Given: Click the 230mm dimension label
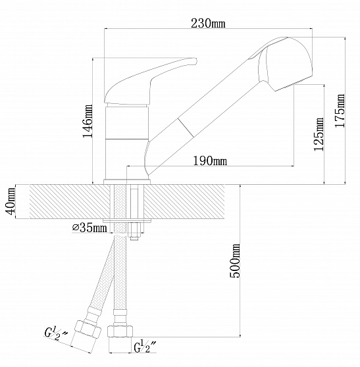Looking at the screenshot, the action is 208,23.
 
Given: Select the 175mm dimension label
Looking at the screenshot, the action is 340,110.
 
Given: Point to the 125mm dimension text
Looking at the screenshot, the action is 319,134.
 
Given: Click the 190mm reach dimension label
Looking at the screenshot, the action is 210,160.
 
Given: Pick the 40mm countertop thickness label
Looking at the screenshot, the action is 11,201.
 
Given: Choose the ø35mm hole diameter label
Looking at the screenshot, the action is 90,228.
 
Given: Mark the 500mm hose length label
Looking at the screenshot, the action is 235,260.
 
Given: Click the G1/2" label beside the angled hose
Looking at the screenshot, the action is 55,333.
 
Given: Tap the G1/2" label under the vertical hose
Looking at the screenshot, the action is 145,347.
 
